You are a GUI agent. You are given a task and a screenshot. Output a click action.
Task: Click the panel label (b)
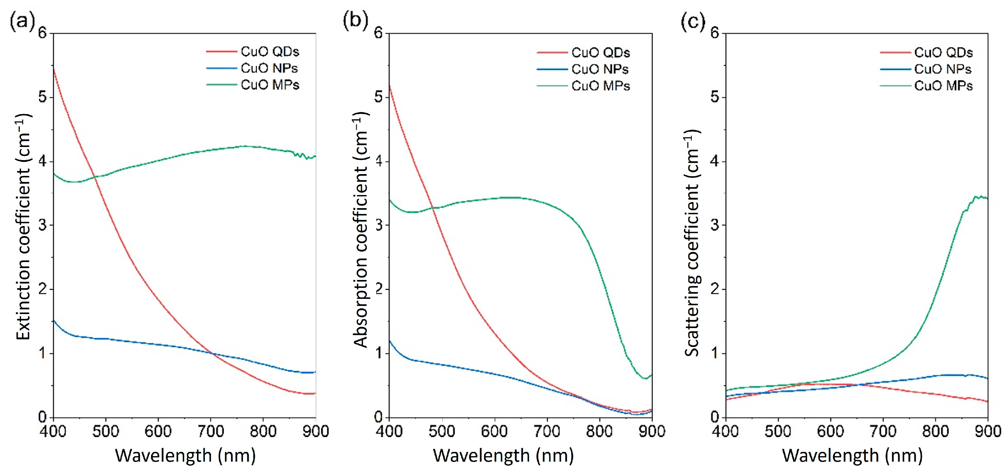coord(355,20)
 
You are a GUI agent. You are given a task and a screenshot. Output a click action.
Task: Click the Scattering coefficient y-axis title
coord(691,243)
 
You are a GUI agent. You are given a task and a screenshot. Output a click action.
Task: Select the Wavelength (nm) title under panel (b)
coord(503,456)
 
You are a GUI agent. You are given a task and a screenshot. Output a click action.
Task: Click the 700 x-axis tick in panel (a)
coord(211,431)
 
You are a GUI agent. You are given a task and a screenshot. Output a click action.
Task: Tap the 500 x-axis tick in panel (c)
coord(778,431)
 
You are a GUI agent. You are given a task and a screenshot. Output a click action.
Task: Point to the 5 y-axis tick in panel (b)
coord(378,97)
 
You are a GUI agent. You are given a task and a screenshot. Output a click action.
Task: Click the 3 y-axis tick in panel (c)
coord(715,225)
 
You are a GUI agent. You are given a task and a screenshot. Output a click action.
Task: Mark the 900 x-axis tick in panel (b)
coord(652,431)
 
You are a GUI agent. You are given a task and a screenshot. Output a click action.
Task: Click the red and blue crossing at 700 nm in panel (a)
coord(212,353)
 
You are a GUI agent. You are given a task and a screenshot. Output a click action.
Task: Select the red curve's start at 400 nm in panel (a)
coord(54,69)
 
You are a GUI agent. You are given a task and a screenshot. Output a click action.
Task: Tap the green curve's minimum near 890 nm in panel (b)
coord(645,378)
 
